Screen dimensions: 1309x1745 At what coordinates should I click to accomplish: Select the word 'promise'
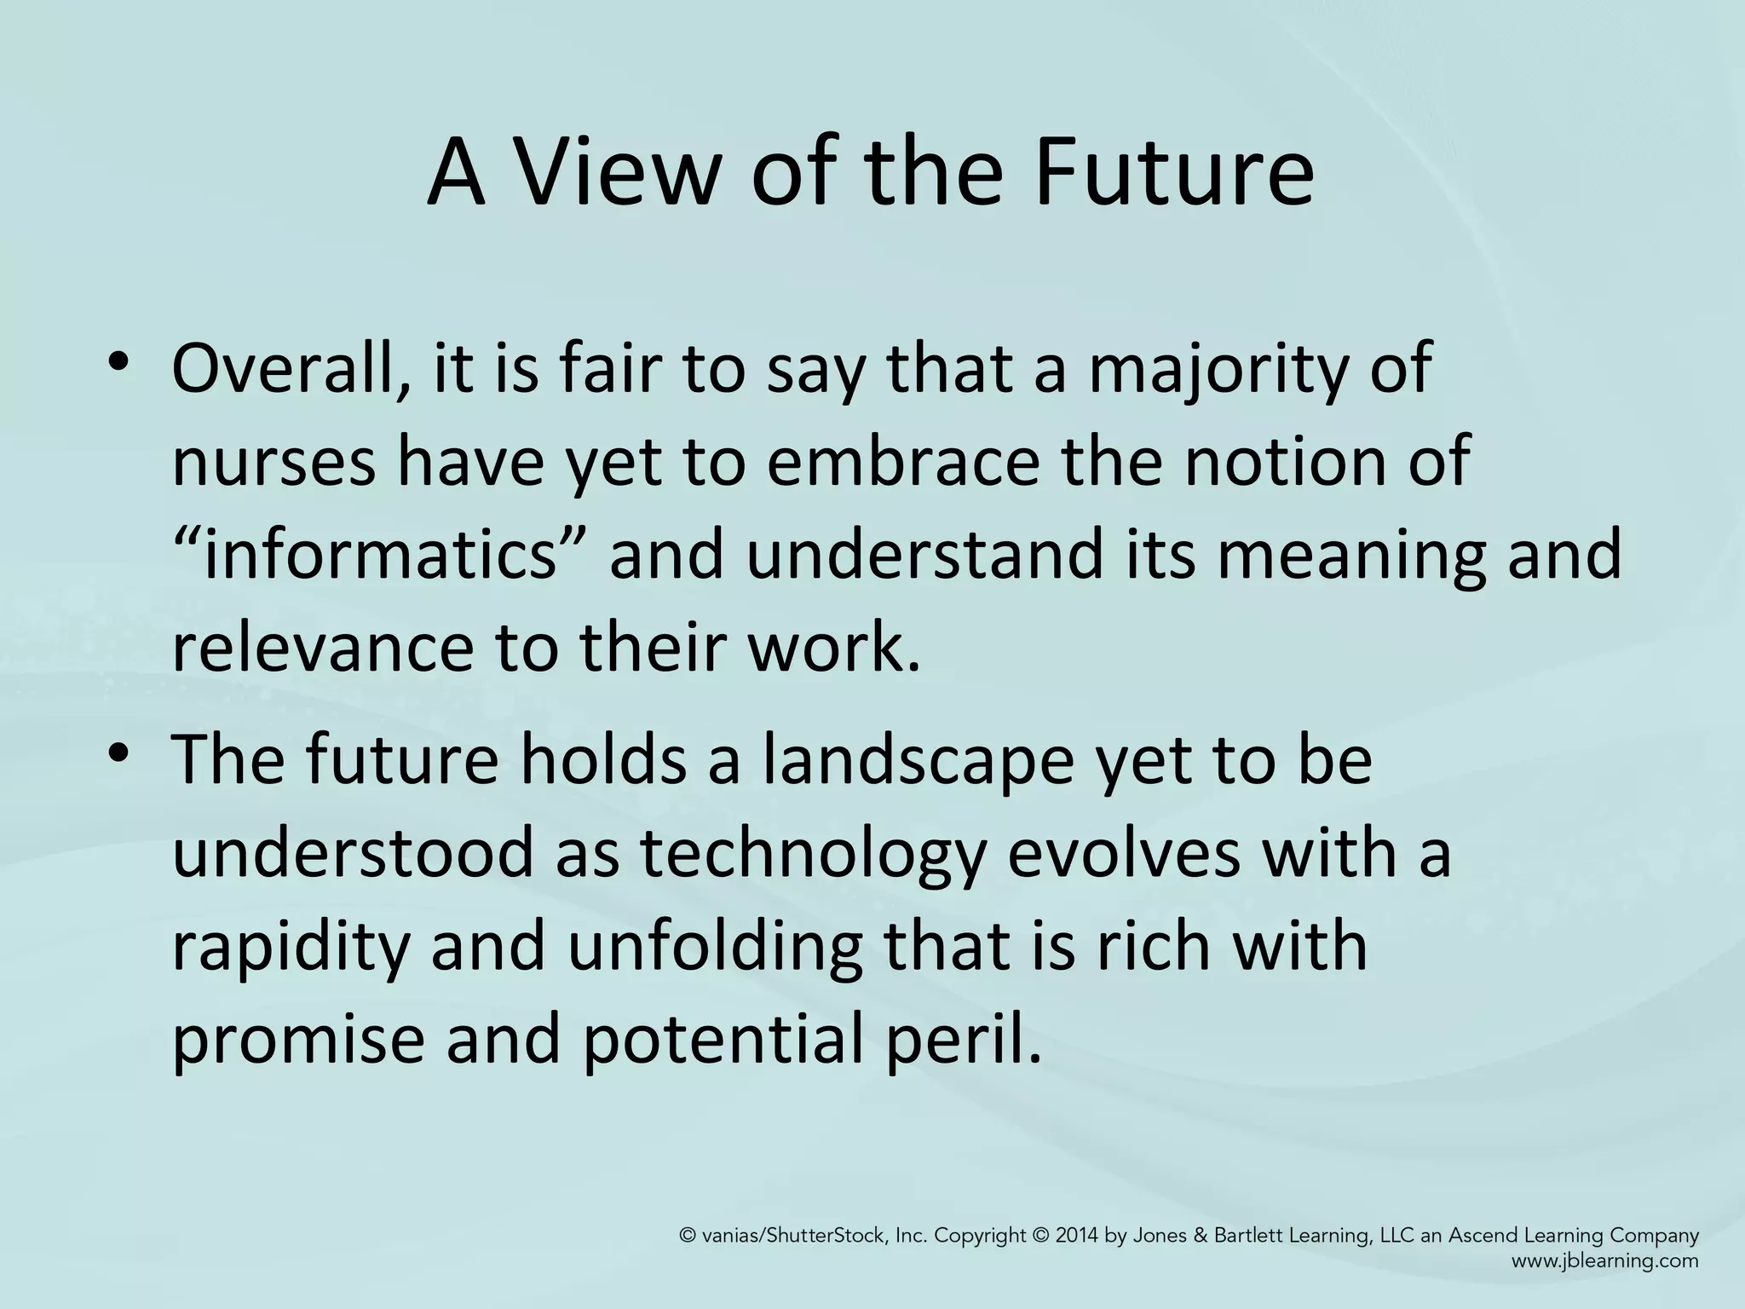click(297, 1042)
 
